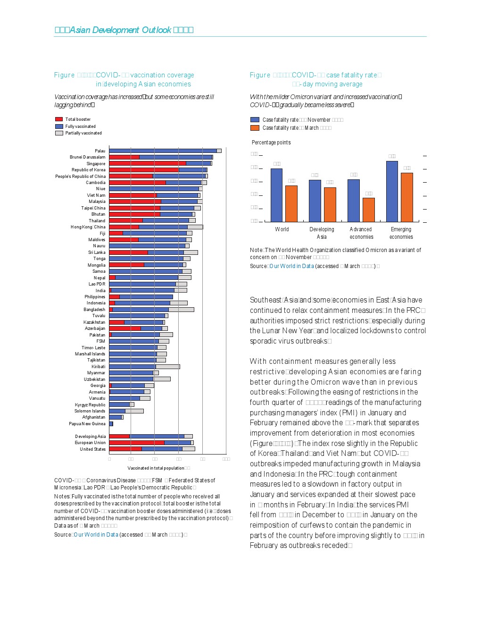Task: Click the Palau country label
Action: (x=100, y=151)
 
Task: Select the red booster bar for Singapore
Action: (x=147, y=163)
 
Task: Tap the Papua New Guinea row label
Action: (x=87, y=424)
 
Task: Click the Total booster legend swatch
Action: (x=59, y=119)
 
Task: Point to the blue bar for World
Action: (x=276, y=195)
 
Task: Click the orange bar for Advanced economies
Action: (x=368, y=210)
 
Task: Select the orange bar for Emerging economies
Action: (x=406, y=197)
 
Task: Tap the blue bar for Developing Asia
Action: (x=315, y=201)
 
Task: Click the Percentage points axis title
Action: (x=271, y=143)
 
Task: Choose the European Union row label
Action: (x=90, y=443)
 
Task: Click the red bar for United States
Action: (x=125, y=449)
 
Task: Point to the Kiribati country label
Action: (x=99, y=367)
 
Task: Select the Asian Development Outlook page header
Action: (x=124, y=30)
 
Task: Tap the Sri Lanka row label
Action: (x=97, y=253)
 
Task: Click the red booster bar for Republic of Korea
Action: (x=144, y=170)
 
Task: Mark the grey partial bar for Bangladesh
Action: (x=181, y=310)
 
